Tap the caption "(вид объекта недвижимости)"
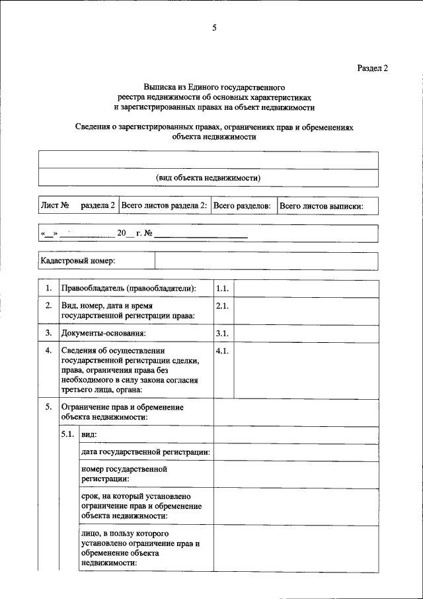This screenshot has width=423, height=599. coord(208,178)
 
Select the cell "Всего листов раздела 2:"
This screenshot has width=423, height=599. coord(165,206)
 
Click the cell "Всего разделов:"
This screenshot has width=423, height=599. coord(242,206)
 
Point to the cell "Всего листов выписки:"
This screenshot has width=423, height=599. coord(321,206)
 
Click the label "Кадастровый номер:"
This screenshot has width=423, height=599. coord(77,261)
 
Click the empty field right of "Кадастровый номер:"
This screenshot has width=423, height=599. coord(266,261)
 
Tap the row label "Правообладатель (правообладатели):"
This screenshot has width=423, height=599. coord(128,289)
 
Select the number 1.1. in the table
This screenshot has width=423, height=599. coord(222,289)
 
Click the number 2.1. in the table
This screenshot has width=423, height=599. coord(222,306)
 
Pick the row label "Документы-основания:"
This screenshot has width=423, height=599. coord(103,333)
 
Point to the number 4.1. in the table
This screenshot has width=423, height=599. coord(222,351)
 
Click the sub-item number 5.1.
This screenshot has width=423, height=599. coord(67,434)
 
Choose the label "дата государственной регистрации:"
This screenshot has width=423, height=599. coord(145,452)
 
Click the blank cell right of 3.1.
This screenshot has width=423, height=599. coord(307,333)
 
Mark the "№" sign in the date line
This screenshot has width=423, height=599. coord(149,234)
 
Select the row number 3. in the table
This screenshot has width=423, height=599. coord(48,333)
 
